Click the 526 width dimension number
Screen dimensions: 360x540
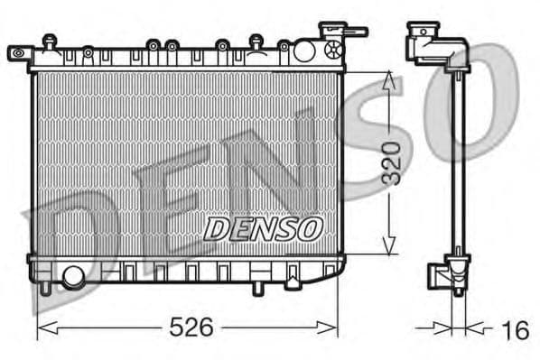tap(192, 328)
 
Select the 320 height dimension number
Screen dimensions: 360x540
tap(390, 162)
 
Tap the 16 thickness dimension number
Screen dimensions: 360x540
tap(515, 329)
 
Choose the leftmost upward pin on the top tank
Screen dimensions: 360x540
tap(48, 40)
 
